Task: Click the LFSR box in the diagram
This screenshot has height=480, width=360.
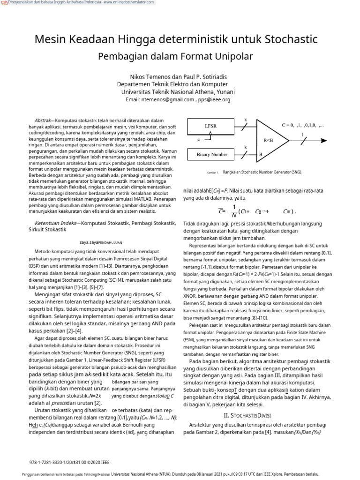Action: [x=210, y=126]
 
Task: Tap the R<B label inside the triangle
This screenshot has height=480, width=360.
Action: [x=268, y=140]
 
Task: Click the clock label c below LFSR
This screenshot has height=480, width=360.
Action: [x=198, y=140]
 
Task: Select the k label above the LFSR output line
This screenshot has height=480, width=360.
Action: [x=245, y=120]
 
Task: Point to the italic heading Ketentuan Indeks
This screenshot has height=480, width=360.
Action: [x=54, y=223]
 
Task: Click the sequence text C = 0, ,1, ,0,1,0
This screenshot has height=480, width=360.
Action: [x=303, y=126]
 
